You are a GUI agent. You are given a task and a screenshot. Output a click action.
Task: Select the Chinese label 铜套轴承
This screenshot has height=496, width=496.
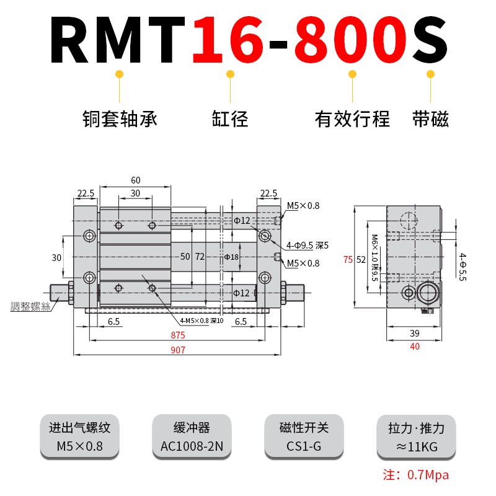(x=120, y=118)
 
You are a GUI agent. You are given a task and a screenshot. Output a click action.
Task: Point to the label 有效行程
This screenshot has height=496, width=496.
(x=352, y=118)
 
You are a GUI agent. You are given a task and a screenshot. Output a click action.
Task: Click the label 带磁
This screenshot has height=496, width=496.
(x=430, y=118)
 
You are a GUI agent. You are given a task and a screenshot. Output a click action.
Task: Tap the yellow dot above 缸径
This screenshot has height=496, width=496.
(x=230, y=74)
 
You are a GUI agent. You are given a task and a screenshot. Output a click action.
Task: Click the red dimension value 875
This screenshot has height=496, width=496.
(x=178, y=335)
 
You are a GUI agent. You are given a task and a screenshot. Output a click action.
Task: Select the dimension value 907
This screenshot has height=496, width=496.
(x=178, y=350)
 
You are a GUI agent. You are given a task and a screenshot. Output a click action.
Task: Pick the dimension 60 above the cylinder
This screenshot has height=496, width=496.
(x=135, y=180)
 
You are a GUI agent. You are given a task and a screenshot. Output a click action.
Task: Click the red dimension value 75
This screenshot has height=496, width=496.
(x=348, y=260)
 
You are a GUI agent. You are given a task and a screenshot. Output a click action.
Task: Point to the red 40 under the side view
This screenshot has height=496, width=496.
(x=415, y=347)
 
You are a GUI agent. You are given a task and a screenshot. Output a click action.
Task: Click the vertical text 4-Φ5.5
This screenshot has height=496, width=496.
(x=462, y=267)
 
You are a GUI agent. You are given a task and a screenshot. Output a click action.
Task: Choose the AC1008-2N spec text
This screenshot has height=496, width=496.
(x=191, y=446)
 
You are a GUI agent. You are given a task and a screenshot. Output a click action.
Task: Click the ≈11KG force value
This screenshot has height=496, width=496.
(x=416, y=446)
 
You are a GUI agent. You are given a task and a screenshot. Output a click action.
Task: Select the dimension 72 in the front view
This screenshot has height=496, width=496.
(x=200, y=256)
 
